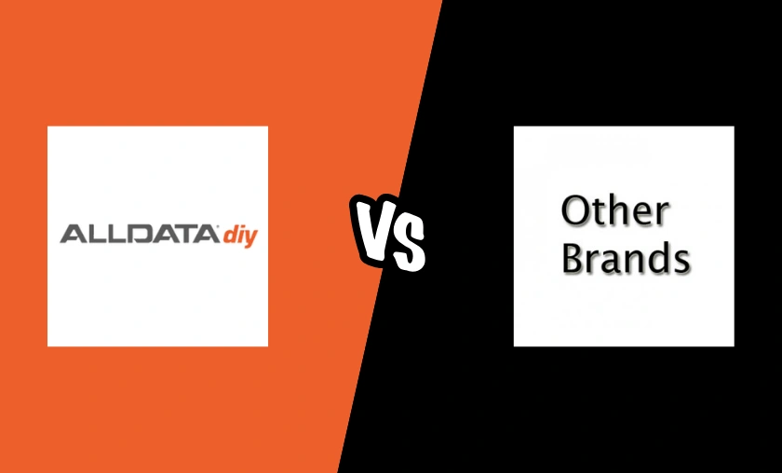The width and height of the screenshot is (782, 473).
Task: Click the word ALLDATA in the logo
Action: click(x=139, y=234)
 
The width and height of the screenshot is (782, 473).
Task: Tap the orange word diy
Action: click(x=240, y=235)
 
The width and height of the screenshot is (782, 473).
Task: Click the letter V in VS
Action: click(x=371, y=229)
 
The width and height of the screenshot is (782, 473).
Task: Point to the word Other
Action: click(x=614, y=212)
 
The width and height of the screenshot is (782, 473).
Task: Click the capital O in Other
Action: click(x=576, y=213)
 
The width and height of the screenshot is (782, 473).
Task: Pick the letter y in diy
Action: click(x=250, y=236)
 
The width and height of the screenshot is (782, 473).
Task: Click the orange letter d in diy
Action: click(x=229, y=235)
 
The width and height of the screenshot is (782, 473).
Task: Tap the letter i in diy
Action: click(x=240, y=234)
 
